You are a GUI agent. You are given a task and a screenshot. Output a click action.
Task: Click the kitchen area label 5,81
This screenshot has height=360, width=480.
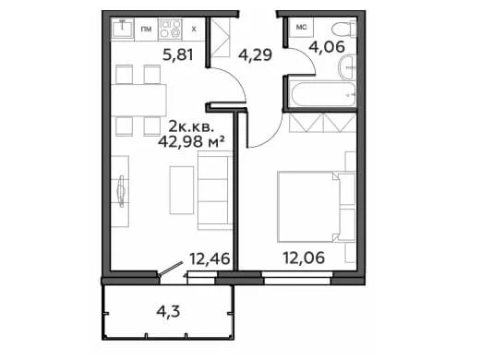[x=178, y=55]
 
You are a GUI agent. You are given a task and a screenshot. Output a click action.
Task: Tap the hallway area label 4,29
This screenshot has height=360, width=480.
[x=255, y=55]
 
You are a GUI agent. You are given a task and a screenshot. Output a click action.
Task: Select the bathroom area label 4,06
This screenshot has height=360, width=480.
[x=327, y=47]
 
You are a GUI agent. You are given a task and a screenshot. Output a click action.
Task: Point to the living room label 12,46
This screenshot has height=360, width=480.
[x=210, y=258]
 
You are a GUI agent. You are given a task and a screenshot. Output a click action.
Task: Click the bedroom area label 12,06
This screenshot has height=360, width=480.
[x=304, y=258]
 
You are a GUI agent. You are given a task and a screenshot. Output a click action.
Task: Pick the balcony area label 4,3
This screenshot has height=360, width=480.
[x=168, y=312]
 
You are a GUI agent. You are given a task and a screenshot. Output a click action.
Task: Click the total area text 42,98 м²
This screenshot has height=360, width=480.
[x=191, y=142]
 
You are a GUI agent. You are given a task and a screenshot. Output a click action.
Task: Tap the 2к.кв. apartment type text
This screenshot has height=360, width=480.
[x=191, y=126]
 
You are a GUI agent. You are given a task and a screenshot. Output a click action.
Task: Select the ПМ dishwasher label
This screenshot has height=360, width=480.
[x=146, y=30]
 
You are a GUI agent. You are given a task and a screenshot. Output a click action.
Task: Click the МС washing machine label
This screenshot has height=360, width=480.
[x=301, y=28]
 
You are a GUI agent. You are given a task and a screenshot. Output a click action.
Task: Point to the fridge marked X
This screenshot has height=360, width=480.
[x=194, y=30]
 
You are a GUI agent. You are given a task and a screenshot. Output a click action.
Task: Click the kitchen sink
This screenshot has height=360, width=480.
[x=122, y=29]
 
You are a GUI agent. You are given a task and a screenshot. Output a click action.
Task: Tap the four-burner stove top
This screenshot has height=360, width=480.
[x=170, y=30]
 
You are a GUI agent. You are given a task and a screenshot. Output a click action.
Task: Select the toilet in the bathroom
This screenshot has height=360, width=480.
[x=344, y=30]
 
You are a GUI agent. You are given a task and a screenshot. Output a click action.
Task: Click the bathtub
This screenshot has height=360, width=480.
[x=322, y=94]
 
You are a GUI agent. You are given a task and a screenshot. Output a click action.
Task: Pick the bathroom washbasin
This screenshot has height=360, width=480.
[x=347, y=67]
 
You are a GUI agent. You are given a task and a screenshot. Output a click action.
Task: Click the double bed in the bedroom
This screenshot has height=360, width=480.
[x=308, y=207]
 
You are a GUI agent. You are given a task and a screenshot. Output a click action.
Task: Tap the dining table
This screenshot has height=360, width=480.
[x=138, y=101]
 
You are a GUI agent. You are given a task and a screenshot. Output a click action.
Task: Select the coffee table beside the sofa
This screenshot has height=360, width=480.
[x=182, y=190]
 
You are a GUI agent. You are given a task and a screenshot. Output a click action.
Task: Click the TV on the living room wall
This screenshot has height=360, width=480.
[x=121, y=191]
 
